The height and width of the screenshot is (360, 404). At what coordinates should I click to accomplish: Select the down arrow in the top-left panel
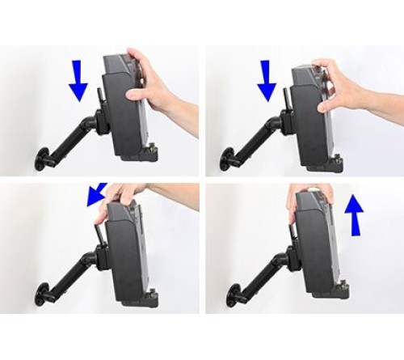coord(78,81)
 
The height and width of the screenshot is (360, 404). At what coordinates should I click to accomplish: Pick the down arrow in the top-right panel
coord(267,80)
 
